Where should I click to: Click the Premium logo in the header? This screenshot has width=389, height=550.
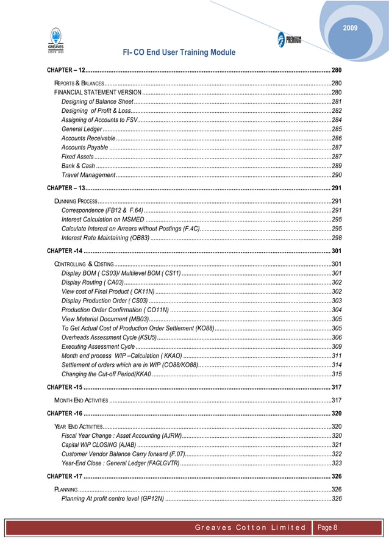coord(289,40)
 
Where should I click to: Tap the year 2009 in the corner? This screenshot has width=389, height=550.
coord(351,28)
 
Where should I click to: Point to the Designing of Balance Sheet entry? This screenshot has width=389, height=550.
coord(98,101)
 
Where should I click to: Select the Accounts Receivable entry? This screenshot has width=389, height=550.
coord(88,139)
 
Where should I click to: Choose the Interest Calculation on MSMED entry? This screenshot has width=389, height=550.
coord(104,219)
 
